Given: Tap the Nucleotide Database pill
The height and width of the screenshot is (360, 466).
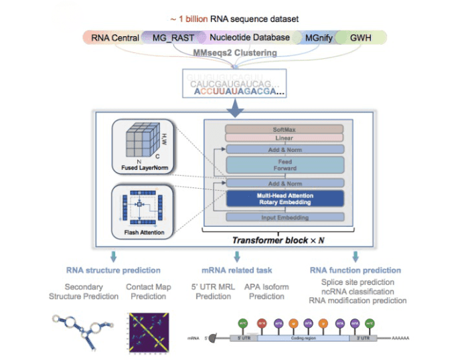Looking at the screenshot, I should [x=249, y=38].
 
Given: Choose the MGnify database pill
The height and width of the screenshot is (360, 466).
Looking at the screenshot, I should [x=319, y=38].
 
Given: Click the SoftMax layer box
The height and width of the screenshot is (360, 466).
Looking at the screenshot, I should [x=284, y=128].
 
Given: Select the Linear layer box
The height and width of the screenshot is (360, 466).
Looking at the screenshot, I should [x=284, y=139].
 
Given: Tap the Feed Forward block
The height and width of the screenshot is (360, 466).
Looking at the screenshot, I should [x=284, y=165].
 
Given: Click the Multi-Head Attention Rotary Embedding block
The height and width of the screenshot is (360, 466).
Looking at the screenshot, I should [x=284, y=198].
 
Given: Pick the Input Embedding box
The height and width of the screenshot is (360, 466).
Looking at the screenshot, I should [x=284, y=217].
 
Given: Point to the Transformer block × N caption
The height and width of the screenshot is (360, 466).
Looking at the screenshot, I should [x=284, y=240].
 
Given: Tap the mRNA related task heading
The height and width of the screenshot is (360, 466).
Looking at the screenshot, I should [x=237, y=270].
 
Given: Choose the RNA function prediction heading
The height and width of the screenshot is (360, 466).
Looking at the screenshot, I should [x=355, y=270].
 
